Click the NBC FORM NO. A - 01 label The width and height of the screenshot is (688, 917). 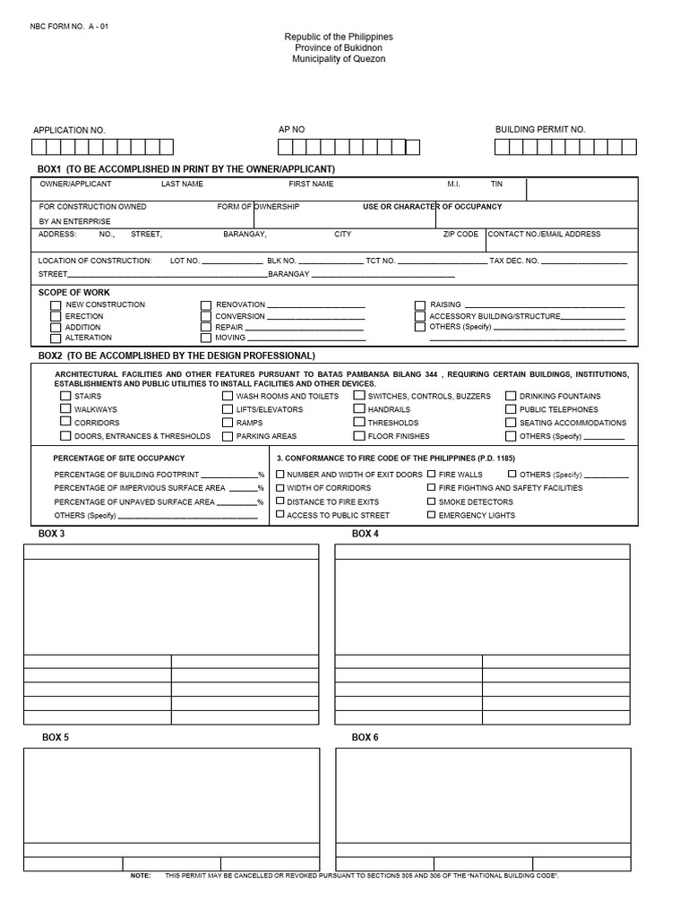(x=70, y=26)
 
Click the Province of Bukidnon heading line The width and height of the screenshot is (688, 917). (x=339, y=47)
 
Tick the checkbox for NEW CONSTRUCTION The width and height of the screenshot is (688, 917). (x=56, y=305)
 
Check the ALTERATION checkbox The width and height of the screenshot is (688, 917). (x=56, y=339)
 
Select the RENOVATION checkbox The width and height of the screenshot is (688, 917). (x=206, y=305)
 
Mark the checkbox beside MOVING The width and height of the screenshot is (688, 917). (x=206, y=339)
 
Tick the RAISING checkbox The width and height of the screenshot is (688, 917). (x=420, y=305)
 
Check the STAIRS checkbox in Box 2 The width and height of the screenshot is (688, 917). (x=65, y=396)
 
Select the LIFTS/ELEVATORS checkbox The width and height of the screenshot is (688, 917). (x=228, y=409)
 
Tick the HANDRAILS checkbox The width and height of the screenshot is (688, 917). (x=359, y=409)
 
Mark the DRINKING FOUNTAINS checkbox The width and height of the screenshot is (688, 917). (x=511, y=396)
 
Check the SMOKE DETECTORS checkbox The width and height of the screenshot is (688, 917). (x=432, y=501)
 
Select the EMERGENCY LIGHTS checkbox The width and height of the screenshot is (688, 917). (x=432, y=515)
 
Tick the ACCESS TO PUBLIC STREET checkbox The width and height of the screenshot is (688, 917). (x=280, y=515)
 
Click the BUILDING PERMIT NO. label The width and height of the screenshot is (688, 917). (x=540, y=130)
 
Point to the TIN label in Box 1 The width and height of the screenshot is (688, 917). (x=496, y=184)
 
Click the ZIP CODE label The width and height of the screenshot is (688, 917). (x=460, y=234)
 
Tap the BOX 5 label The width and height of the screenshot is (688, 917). (x=56, y=737)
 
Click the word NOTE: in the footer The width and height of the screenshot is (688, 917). (x=141, y=875)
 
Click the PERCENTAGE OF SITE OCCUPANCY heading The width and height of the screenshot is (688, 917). (x=119, y=458)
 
